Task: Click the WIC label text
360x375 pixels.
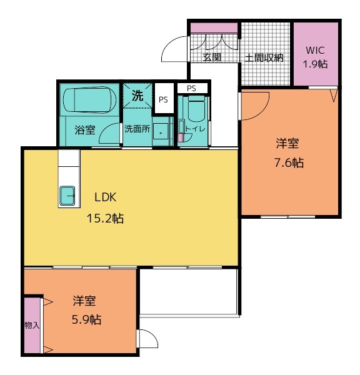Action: click(315, 50)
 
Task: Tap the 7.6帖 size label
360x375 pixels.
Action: click(289, 163)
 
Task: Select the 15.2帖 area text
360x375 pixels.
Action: click(105, 218)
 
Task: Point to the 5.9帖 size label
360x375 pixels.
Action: click(86, 319)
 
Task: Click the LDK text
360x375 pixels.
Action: click(106, 197)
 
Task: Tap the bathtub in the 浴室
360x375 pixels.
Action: click(90, 100)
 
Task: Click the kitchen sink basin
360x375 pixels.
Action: click(67, 196)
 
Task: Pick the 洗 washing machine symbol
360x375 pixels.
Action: click(137, 96)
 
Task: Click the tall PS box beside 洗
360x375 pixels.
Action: click(164, 98)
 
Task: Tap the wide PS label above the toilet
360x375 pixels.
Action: click(192, 88)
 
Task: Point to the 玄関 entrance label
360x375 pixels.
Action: click(212, 57)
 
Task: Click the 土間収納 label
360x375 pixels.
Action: click(264, 58)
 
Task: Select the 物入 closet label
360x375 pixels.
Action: click(32, 325)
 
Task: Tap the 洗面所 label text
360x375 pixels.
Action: click(137, 129)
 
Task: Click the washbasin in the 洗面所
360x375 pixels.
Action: click(160, 131)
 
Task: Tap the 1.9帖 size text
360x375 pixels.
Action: click(315, 64)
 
